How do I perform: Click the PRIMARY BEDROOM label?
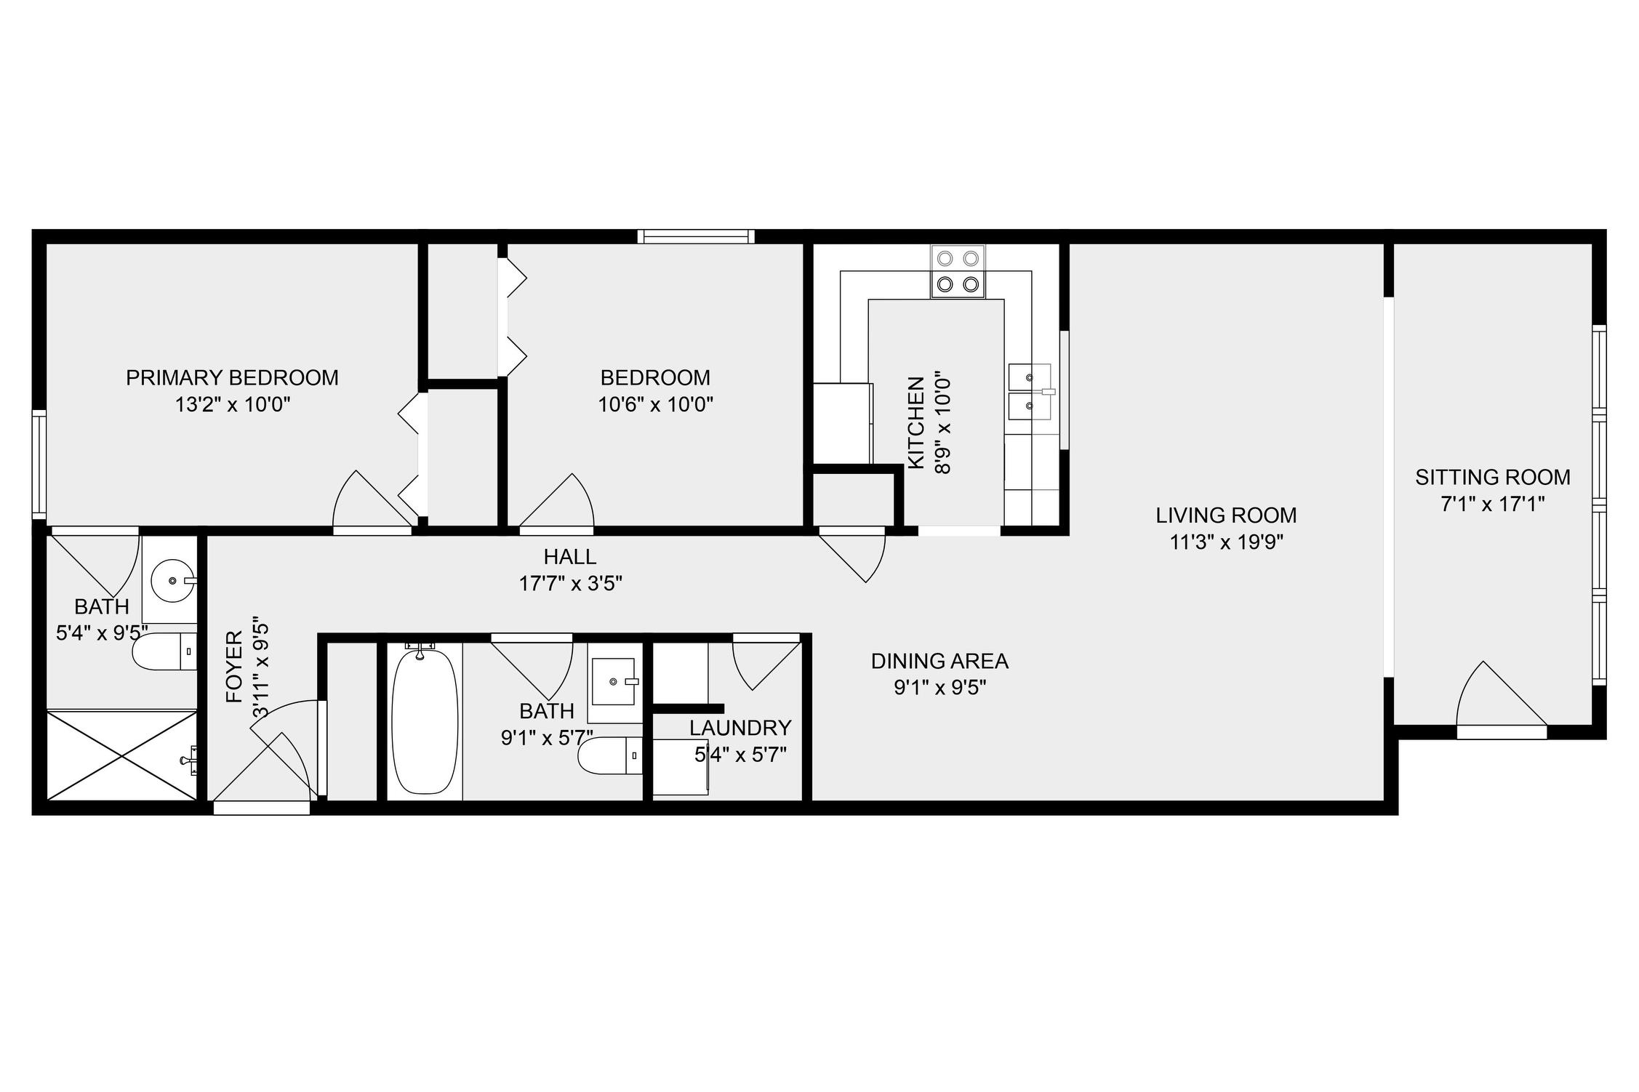(x=232, y=378)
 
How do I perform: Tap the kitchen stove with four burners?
(x=958, y=271)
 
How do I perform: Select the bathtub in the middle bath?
(x=425, y=720)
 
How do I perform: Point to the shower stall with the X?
(x=121, y=756)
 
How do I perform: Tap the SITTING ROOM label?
(x=1492, y=478)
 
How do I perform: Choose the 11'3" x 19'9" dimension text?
(x=1226, y=542)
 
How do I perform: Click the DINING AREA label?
(x=939, y=662)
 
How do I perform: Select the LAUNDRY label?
(x=740, y=728)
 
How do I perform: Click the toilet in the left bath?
(x=164, y=651)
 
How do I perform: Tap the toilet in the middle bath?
(x=610, y=756)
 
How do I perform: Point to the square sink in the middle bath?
(x=614, y=682)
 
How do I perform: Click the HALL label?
(x=570, y=557)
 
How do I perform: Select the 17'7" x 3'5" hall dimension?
(x=571, y=584)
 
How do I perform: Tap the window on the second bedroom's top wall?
(x=696, y=236)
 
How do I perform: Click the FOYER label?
(x=234, y=667)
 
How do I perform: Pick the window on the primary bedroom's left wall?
(x=39, y=465)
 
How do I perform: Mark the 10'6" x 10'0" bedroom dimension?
(x=655, y=405)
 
